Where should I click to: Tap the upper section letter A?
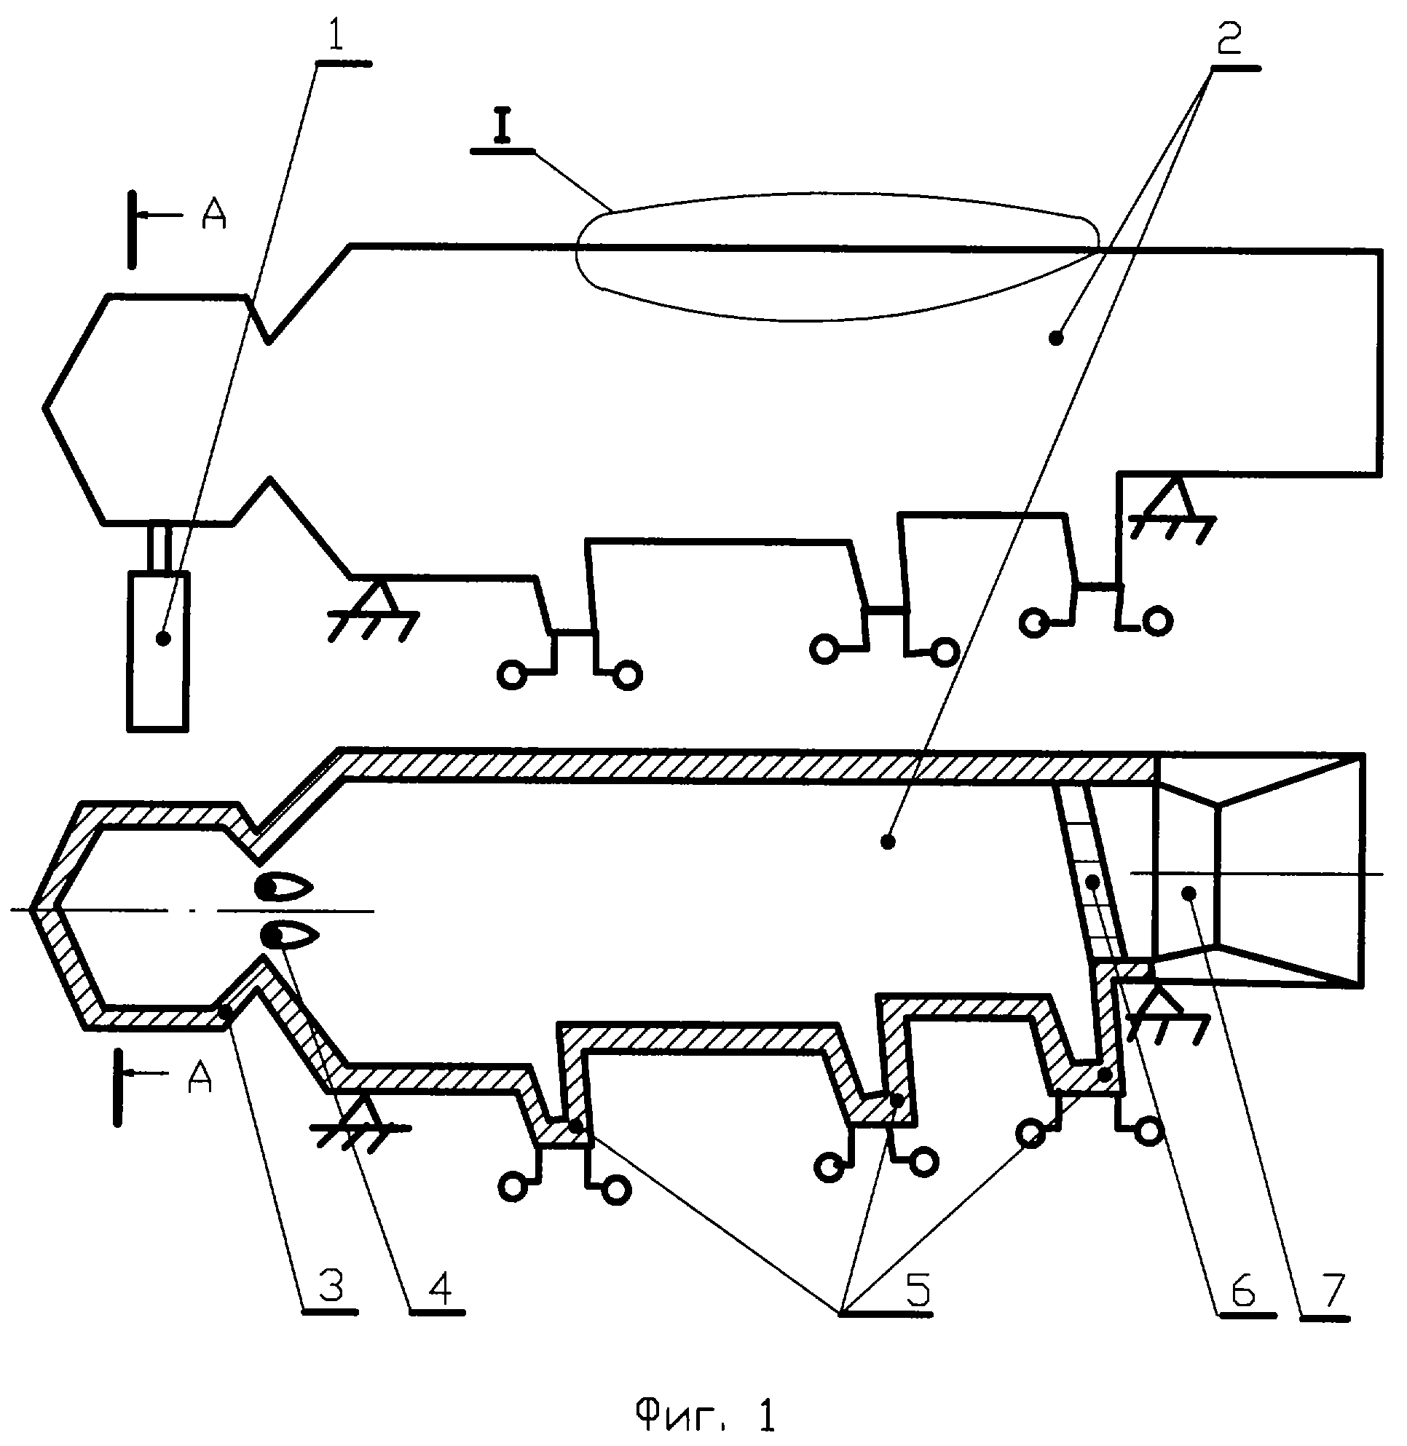(214, 215)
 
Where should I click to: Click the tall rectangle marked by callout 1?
(158, 651)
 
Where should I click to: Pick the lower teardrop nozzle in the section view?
(290, 937)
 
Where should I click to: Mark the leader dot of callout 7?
(1189, 894)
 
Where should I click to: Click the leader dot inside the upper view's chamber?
(1056, 339)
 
